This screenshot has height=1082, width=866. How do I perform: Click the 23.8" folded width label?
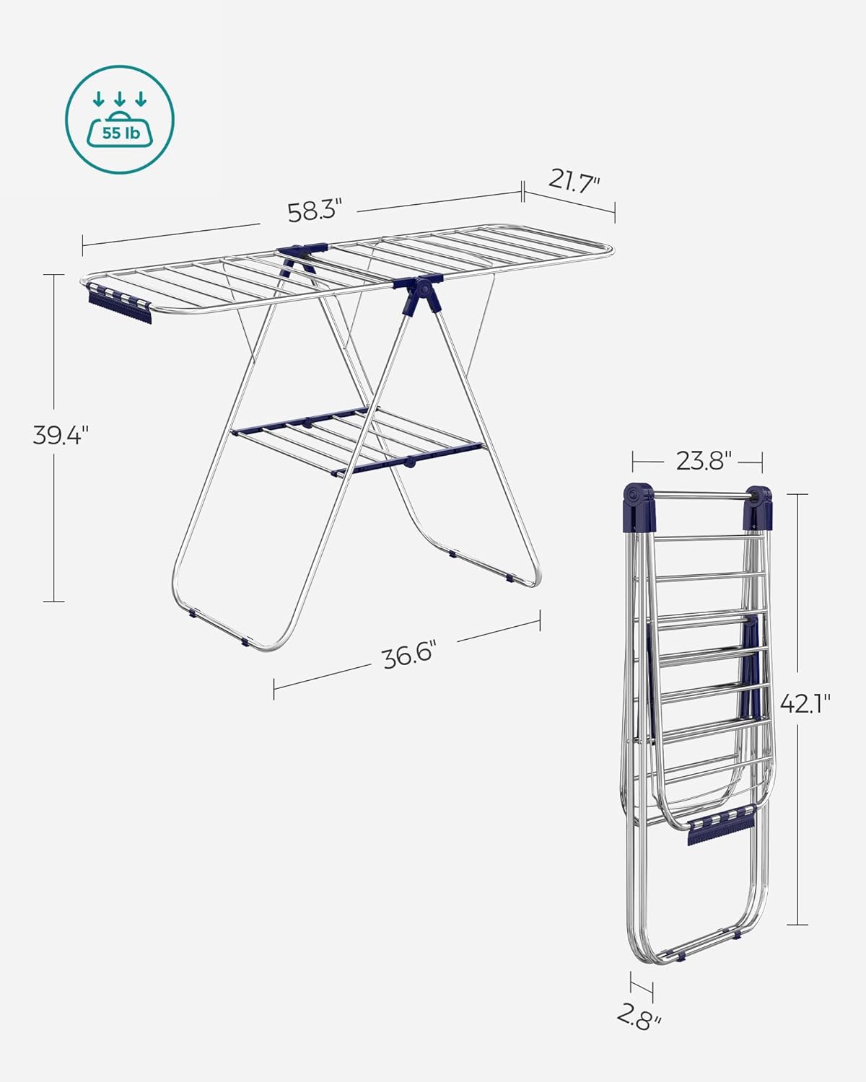[x=704, y=460]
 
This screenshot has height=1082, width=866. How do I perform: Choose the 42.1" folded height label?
[x=805, y=703]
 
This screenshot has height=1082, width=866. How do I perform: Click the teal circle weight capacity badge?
[x=121, y=120]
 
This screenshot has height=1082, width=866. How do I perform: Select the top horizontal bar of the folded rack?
[x=698, y=496]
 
